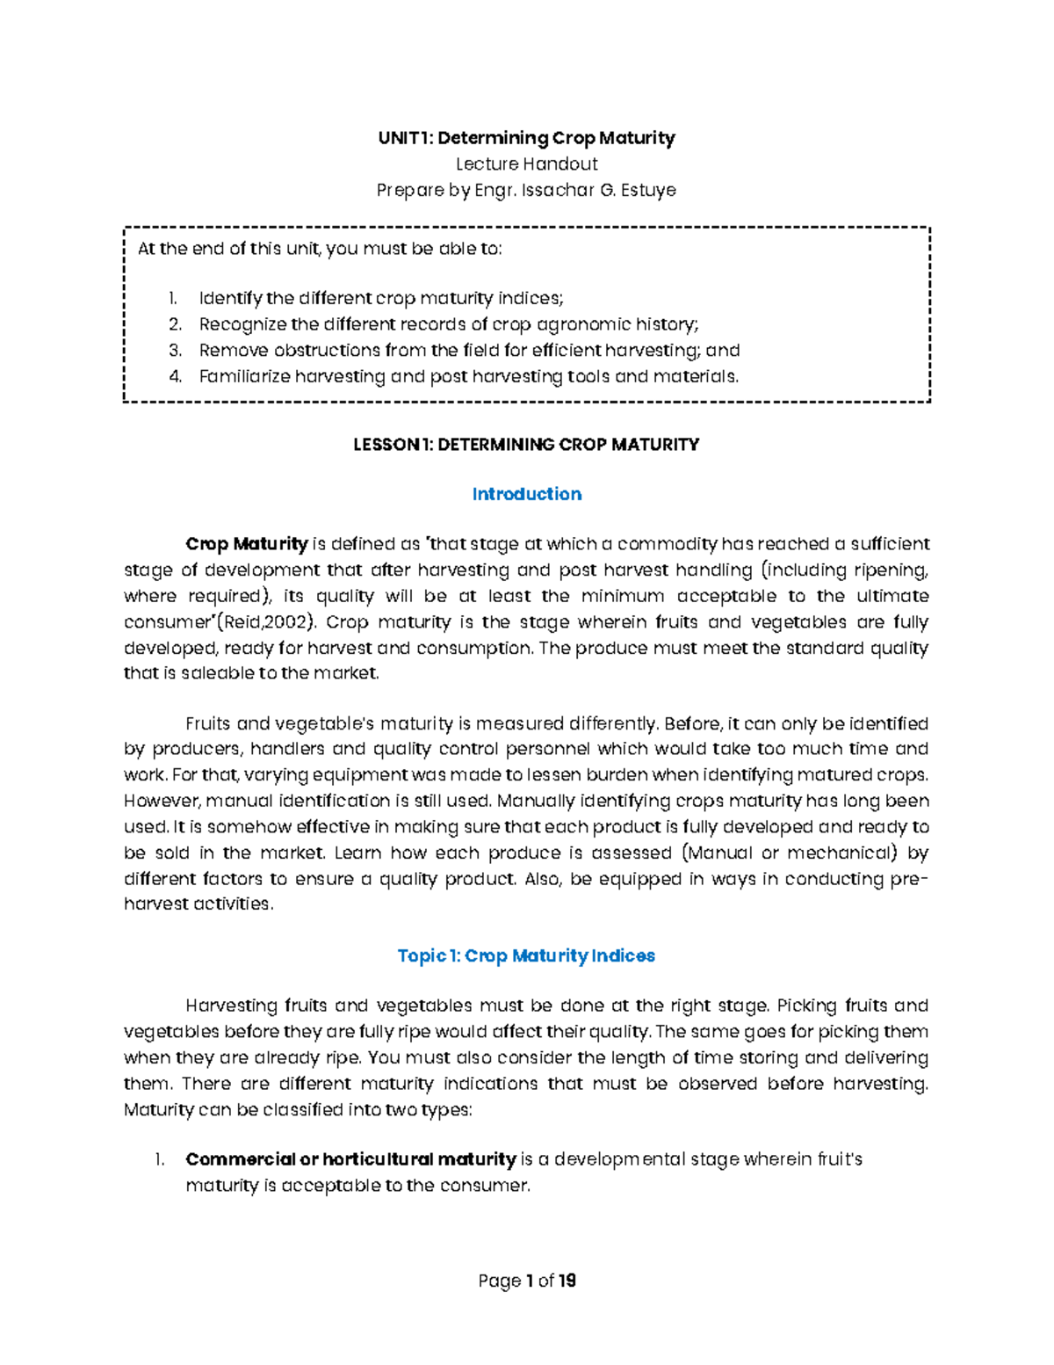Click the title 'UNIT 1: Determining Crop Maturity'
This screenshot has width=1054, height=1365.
click(x=526, y=138)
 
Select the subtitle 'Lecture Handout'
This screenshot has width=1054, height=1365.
click(x=526, y=163)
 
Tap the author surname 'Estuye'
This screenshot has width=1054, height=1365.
click(x=648, y=190)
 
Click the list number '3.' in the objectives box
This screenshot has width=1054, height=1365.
click(x=175, y=351)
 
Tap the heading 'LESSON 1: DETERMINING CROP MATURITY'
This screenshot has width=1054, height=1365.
click(x=526, y=445)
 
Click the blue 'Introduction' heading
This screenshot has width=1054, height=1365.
click(x=526, y=494)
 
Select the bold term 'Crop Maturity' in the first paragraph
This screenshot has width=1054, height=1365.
click(x=247, y=544)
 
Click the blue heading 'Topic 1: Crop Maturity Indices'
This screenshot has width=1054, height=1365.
click(x=526, y=955)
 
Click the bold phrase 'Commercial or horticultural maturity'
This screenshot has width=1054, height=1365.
click(x=350, y=1159)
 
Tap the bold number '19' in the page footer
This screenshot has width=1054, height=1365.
click(x=567, y=1281)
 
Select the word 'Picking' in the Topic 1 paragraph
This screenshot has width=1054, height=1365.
click(x=807, y=1006)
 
